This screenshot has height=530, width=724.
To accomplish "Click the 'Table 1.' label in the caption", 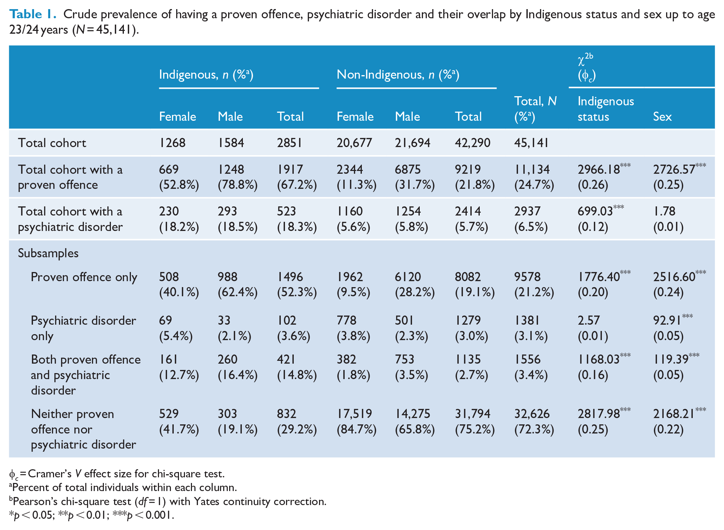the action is tap(33, 14).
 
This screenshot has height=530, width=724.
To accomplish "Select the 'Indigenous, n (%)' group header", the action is tap(206, 74).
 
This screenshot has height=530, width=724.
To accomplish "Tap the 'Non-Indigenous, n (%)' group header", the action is tap(398, 74).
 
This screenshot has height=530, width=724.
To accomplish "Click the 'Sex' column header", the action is tap(662, 117).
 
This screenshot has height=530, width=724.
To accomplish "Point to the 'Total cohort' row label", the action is tap(52, 143).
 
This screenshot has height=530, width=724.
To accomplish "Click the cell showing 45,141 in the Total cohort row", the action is tap(531, 143).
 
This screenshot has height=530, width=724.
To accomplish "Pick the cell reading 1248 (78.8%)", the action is tap(238, 177).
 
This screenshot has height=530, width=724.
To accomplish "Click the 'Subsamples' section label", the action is tap(48, 253).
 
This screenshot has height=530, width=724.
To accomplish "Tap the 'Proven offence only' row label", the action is tap(84, 277).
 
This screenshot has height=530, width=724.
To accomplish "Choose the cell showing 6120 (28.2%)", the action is tap(415, 284).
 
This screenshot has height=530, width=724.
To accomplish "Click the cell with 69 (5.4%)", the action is tap(176, 328).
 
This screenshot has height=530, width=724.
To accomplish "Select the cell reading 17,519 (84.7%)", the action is tap(357, 421).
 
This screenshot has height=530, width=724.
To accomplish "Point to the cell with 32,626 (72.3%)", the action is tap(534, 421).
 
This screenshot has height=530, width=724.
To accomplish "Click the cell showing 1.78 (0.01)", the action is tap(668, 219).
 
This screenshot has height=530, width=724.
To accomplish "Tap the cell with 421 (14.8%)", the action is tap(297, 367).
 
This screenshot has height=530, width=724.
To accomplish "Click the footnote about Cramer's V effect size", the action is tap(117, 474).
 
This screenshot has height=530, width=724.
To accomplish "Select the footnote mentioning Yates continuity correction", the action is tap(168, 501).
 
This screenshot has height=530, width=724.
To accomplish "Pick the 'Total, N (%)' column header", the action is tap(535, 109).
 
